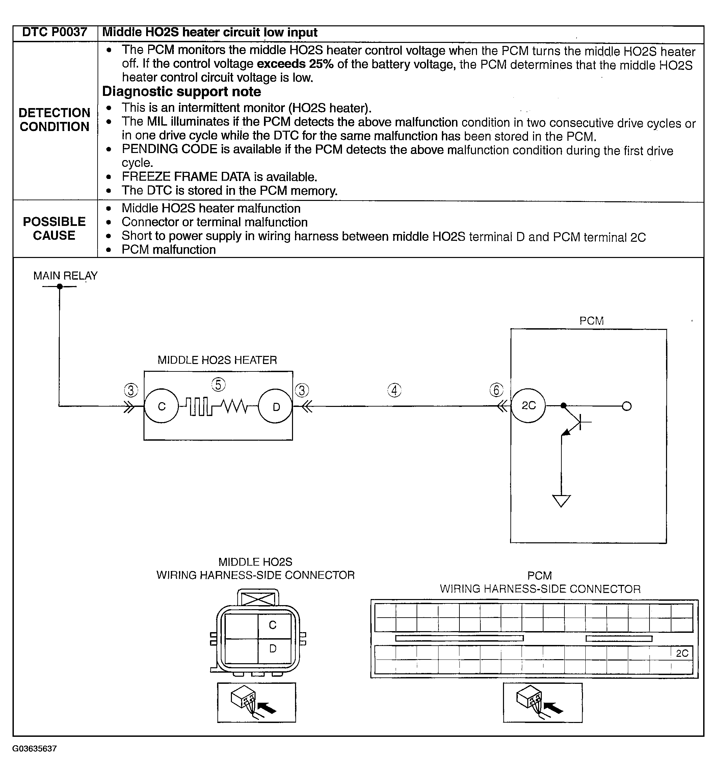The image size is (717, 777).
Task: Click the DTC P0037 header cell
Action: pos(55,32)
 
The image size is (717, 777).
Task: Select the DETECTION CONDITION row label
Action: pos(54,120)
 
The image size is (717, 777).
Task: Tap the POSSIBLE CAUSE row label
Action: pos(54,229)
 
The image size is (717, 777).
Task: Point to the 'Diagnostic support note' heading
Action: pos(182,92)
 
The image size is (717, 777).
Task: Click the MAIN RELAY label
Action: pos(65,276)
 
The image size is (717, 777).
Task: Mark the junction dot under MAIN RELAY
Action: pos(59,286)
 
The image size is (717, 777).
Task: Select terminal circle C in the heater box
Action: pos(161,406)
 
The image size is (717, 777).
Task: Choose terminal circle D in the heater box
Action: pos(276,406)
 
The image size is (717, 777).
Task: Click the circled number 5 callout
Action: pos(218,385)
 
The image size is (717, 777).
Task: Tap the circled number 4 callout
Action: pos(394,390)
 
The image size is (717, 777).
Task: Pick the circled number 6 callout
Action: pos(496,390)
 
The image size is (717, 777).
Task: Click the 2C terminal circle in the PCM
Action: pos(528,406)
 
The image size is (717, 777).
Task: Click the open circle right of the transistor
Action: pos(627,406)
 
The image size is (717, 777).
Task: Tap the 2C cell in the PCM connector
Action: pos(682,653)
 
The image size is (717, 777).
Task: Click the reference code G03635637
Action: pos(34,749)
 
